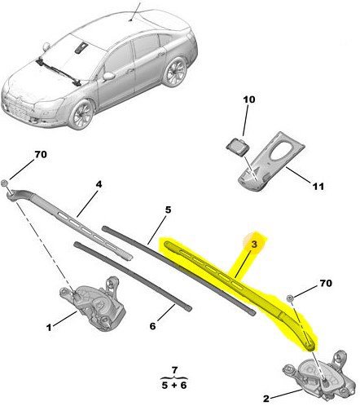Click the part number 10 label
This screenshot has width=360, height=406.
click(x=249, y=99)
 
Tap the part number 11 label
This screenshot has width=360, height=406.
click(x=318, y=187)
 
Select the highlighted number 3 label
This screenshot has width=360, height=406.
click(x=254, y=244)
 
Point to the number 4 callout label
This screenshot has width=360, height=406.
click(x=99, y=184)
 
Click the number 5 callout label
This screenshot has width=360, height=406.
click(x=169, y=210)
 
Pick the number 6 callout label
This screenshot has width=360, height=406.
click(x=152, y=326)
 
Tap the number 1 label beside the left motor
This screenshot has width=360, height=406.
click(x=49, y=328)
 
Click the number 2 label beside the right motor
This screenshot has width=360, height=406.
click(x=266, y=399)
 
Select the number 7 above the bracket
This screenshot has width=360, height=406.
click(x=174, y=370)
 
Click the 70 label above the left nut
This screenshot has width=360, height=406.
click(x=41, y=154)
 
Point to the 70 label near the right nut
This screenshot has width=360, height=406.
click(x=326, y=283)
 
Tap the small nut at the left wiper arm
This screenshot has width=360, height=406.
click(x=5, y=183)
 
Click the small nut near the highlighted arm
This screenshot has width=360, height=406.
click(x=290, y=298)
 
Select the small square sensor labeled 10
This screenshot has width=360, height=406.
click(x=236, y=147)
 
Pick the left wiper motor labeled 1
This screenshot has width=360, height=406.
click(x=92, y=302)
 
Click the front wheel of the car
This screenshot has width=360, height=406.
click(x=81, y=114)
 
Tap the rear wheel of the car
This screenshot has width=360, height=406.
click(x=175, y=72)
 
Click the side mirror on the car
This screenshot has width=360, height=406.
click(x=108, y=76)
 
